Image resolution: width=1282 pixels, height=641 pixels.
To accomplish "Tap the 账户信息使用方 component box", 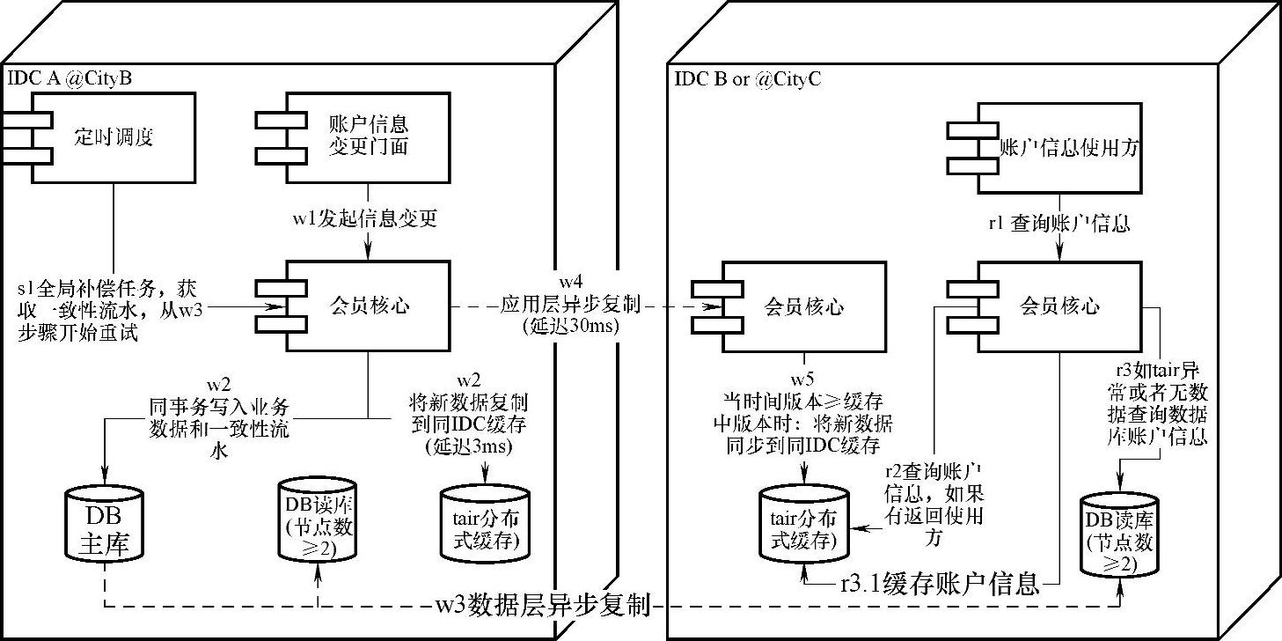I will tap(1056, 147).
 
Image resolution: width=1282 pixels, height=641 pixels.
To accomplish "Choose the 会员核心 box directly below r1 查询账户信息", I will tap(1056, 306).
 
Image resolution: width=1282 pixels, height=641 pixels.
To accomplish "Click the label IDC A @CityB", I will tap(70, 78).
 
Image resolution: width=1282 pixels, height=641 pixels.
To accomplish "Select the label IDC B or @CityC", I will tap(747, 78).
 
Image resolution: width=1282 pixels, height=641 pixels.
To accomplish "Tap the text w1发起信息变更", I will tap(364, 217).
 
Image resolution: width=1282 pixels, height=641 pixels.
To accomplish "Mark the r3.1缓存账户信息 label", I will tap(940, 583).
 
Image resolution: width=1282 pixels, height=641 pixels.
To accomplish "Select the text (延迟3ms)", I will tap(469, 446).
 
